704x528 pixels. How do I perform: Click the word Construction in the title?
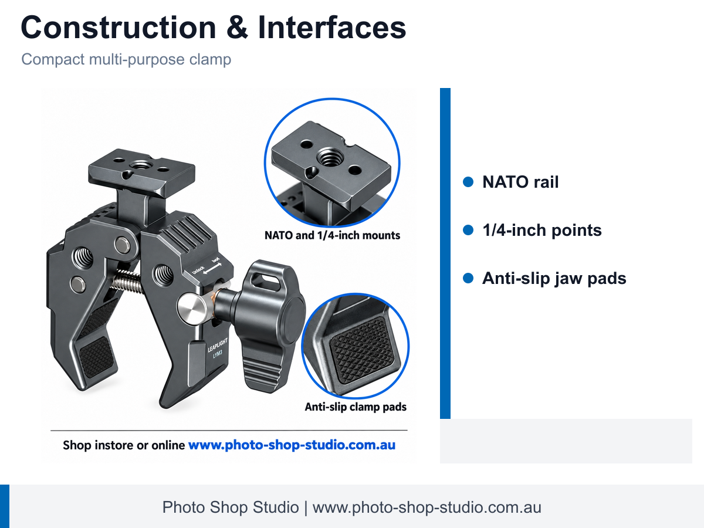(x=119, y=28)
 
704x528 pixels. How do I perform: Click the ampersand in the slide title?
(x=237, y=28)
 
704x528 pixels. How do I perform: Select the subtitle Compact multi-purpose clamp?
(x=126, y=60)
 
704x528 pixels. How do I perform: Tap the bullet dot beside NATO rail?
(x=468, y=182)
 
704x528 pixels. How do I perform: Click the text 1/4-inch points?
(x=542, y=230)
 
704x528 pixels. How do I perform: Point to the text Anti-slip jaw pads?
(x=554, y=278)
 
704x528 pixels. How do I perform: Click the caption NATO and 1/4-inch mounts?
(x=332, y=235)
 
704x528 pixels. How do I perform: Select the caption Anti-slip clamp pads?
(x=356, y=407)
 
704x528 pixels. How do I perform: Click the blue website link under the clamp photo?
(x=292, y=445)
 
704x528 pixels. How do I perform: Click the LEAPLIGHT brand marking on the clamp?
(x=218, y=344)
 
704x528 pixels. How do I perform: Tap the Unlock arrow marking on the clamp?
(x=207, y=267)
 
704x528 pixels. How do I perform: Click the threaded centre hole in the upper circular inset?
(x=330, y=157)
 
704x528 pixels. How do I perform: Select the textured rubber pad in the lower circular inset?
(x=363, y=350)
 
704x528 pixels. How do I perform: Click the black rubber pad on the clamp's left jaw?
(x=96, y=357)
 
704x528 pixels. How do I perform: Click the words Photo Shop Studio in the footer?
(x=231, y=507)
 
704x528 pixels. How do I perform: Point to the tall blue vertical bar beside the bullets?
(x=445, y=253)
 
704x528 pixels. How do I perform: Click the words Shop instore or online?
(x=124, y=445)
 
